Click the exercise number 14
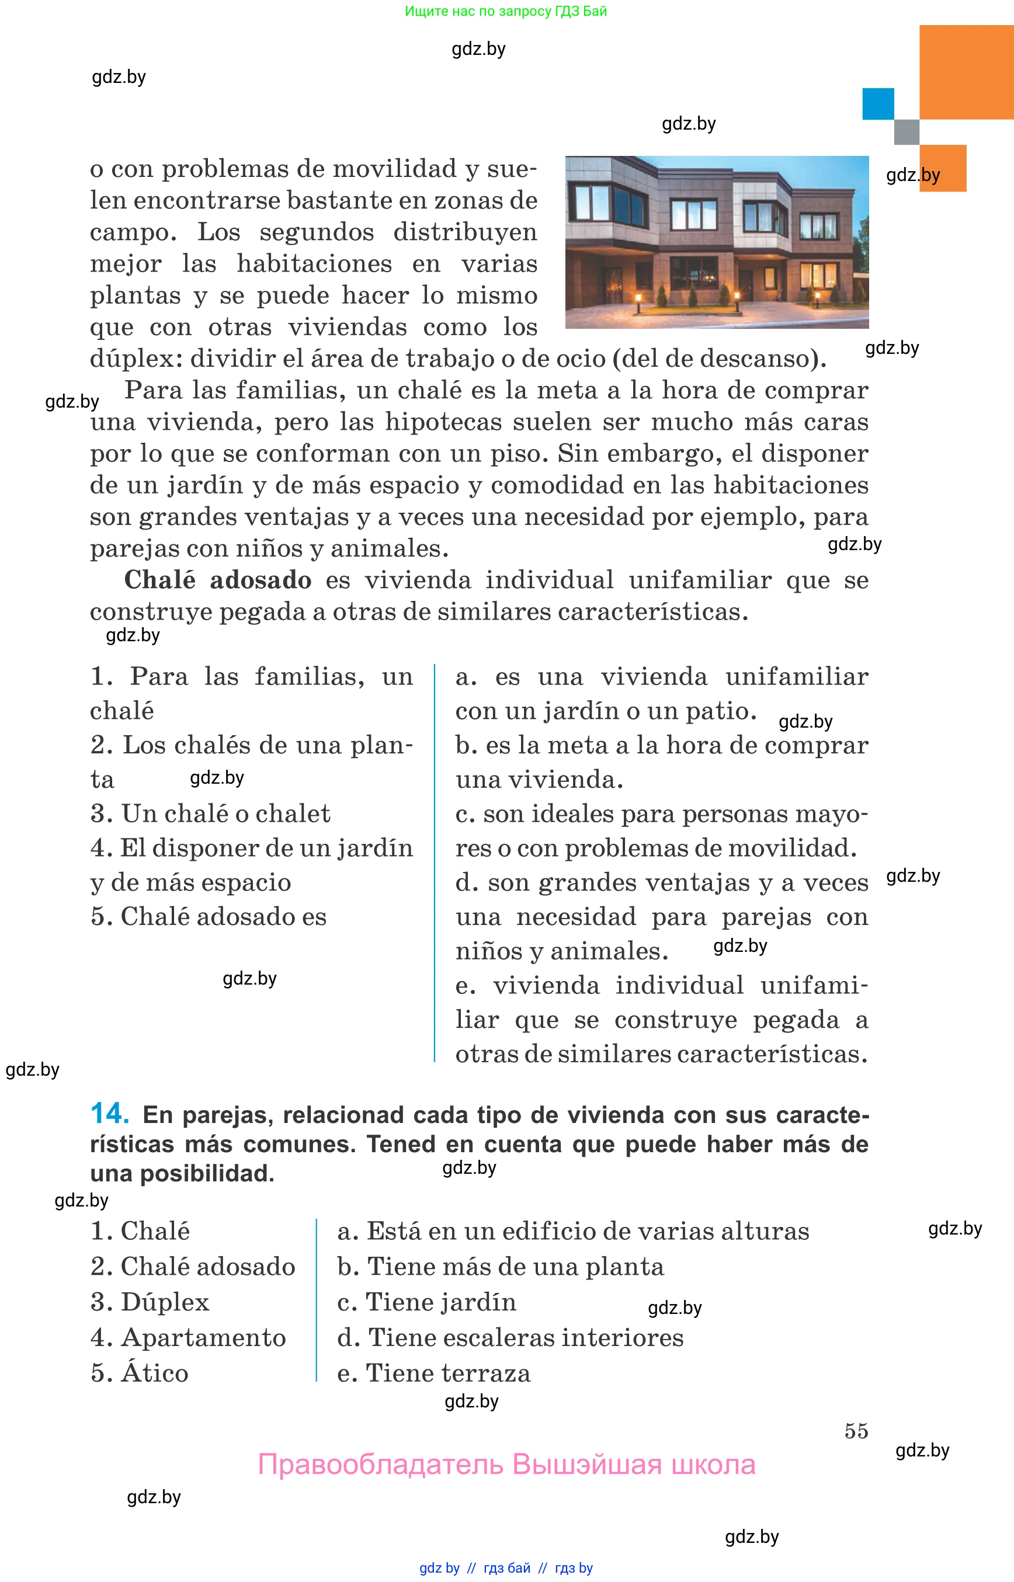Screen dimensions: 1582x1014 [x=109, y=1113]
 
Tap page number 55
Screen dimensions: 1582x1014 [x=856, y=1431]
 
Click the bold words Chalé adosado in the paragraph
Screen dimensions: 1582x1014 [x=217, y=580]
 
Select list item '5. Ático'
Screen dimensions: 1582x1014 [x=140, y=1374]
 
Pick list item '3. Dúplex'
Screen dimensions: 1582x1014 [x=150, y=1302]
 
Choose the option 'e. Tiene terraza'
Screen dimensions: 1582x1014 [x=433, y=1374]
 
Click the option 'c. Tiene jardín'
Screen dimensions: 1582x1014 [x=426, y=1302]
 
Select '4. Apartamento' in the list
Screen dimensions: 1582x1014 [x=188, y=1338]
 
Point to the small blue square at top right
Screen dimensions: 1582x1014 [x=878, y=104]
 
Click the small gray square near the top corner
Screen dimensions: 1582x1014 [x=906, y=131]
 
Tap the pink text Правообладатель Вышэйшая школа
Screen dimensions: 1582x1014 [x=506, y=1465]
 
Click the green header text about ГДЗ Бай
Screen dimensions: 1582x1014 [x=506, y=11]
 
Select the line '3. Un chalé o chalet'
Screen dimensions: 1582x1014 [x=210, y=813]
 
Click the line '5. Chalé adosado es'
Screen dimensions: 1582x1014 [x=208, y=916]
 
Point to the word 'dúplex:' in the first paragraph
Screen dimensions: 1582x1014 [x=136, y=359]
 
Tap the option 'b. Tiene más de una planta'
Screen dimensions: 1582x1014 [x=501, y=1267]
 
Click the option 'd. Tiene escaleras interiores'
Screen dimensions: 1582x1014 [x=511, y=1338]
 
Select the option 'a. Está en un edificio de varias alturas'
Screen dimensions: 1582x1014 [x=573, y=1231]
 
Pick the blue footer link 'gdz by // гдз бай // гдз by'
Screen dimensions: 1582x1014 [x=506, y=1568]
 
